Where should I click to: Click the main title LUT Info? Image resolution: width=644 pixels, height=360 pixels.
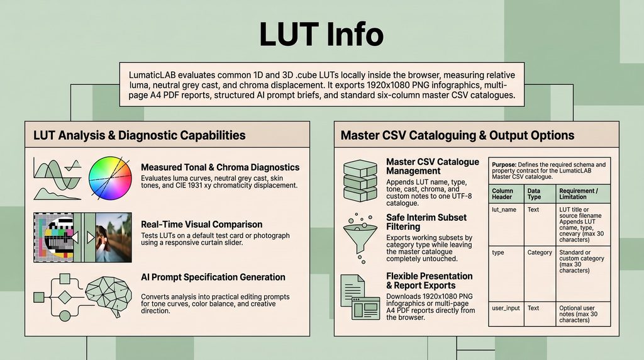[x=321, y=34]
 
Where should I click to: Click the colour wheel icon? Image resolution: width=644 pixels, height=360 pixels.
[x=110, y=178]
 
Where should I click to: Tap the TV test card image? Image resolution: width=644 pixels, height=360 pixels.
[x=54, y=237]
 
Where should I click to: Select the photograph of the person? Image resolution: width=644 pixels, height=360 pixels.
[x=114, y=237]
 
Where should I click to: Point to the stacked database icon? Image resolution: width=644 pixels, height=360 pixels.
[x=360, y=181]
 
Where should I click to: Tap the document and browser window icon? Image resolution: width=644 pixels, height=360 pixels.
[x=360, y=296]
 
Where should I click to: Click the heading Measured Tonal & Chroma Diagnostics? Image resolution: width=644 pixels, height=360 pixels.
[x=220, y=167]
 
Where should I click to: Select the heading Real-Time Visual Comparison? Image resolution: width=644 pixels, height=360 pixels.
[x=202, y=225]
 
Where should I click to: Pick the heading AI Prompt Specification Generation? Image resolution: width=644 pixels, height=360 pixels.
[x=213, y=277]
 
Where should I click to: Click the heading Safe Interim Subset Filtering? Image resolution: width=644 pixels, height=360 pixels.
[x=426, y=222]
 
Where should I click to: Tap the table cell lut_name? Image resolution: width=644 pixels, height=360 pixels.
[x=504, y=210]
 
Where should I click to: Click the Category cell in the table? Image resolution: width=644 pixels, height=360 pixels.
[x=540, y=252]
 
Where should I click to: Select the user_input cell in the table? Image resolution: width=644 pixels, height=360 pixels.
[x=506, y=308]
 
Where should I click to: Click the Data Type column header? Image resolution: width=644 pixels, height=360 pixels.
[x=534, y=194]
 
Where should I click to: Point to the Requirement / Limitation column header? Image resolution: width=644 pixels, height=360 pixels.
[x=579, y=194]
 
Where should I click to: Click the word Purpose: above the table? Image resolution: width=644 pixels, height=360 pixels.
[x=504, y=164]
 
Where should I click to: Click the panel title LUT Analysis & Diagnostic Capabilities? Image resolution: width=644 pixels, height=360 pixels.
[x=140, y=135]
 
